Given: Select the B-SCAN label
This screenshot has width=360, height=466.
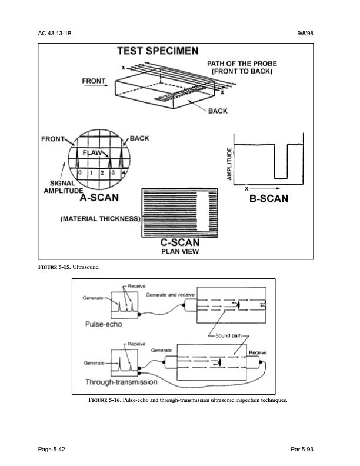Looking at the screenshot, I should [268, 199].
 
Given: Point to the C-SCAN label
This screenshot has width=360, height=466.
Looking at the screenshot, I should [180, 242].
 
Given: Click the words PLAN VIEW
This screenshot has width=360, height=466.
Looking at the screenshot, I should [180, 252].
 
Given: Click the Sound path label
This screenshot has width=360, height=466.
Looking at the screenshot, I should [225, 335].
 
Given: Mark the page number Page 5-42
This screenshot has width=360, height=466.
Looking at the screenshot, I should [49, 450].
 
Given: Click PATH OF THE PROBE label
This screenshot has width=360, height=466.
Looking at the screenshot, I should [242, 67].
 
